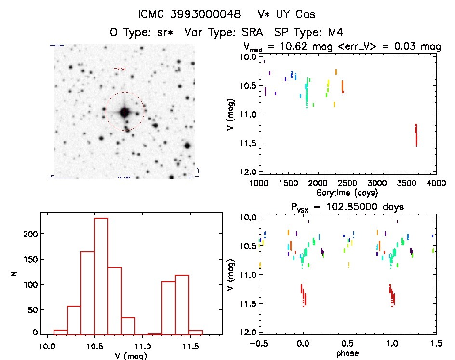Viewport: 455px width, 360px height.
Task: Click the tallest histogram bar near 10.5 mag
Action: tap(101, 276)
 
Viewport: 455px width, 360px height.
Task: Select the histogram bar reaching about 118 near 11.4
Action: tap(182, 304)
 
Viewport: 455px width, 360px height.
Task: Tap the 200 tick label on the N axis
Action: tap(30, 234)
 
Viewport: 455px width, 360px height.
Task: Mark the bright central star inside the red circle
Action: tap(124, 112)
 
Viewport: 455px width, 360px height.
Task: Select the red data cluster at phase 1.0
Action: tap(391, 294)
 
